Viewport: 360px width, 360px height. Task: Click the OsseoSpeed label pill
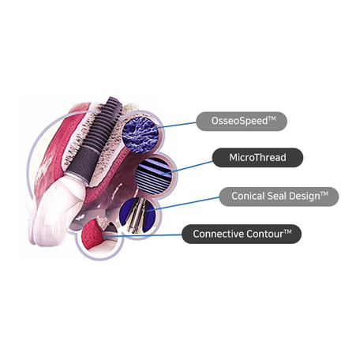coord(242,122)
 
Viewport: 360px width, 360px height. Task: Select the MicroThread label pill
coord(257,157)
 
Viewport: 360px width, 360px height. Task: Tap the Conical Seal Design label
coord(279,197)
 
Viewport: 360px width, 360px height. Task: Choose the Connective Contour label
coord(242,234)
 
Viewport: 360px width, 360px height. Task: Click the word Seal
coord(279,196)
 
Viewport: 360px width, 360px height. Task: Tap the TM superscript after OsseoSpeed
coord(272,118)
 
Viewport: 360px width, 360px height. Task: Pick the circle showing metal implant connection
coord(137,216)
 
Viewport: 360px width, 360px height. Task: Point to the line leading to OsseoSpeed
coord(176,125)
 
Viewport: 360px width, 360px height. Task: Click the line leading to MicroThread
coord(187,167)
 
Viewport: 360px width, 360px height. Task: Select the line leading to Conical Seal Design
coord(183,204)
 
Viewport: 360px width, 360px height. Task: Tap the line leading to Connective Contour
coord(143,236)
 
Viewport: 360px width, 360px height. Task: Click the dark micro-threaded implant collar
coord(82,162)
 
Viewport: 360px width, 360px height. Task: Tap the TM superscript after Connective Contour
coord(287,232)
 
